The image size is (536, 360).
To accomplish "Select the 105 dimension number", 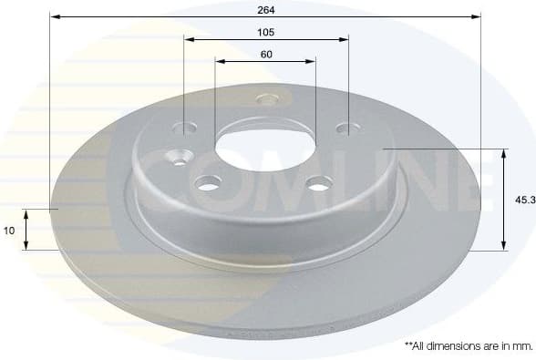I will coord(266,31).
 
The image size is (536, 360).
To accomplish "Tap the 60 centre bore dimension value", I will coord(266,54).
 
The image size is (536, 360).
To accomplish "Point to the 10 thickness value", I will coord(9,231).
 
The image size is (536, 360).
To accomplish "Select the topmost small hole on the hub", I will coord(266,99).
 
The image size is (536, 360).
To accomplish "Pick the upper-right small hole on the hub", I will coord(345,129).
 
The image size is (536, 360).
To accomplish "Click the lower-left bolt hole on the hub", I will coord(209,185).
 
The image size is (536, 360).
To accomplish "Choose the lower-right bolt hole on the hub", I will coord(318,185).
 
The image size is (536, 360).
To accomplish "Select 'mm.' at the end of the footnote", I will coord(521,346).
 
